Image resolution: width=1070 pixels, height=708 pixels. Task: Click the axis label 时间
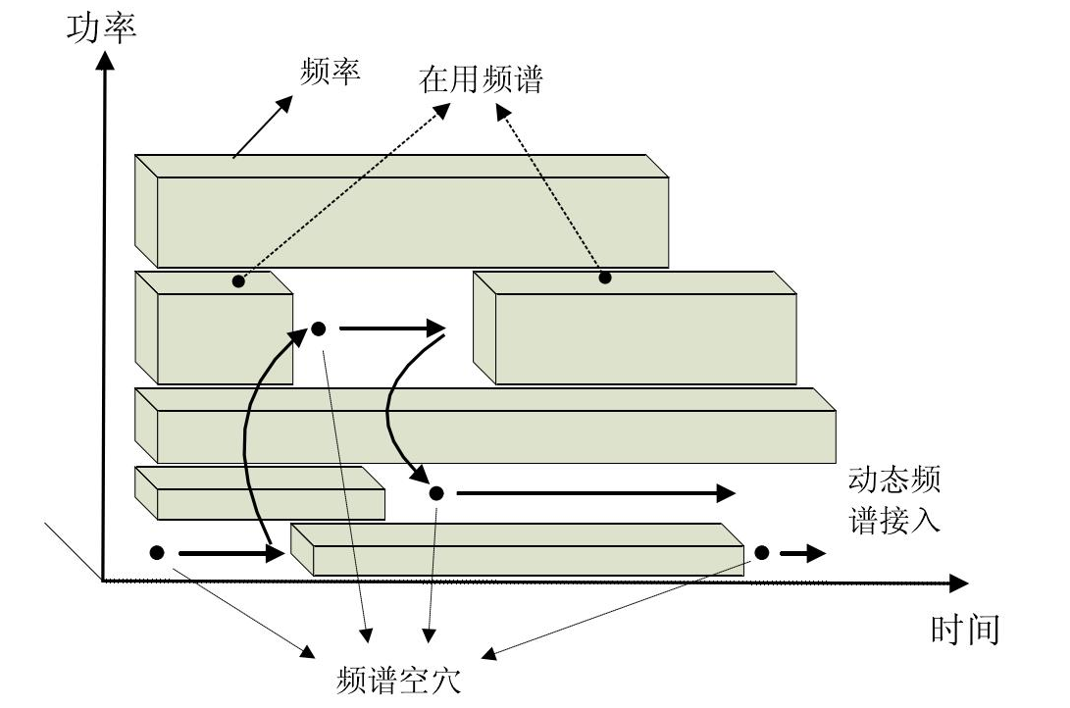(965, 629)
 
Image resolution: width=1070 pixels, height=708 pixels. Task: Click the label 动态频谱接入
(894, 500)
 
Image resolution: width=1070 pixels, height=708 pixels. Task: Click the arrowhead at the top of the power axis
(102, 61)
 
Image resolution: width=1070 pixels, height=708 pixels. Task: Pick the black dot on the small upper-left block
(238, 282)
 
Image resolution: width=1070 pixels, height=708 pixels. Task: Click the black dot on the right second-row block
(605, 278)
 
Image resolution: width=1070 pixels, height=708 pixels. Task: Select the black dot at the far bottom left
(157, 553)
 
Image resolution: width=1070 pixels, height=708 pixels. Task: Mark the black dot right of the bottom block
(762, 553)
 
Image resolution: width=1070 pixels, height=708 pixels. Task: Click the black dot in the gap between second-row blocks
(318, 329)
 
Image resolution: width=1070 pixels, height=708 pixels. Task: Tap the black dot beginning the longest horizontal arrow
(436, 492)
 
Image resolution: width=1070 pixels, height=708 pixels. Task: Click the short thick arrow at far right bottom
(802, 554)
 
